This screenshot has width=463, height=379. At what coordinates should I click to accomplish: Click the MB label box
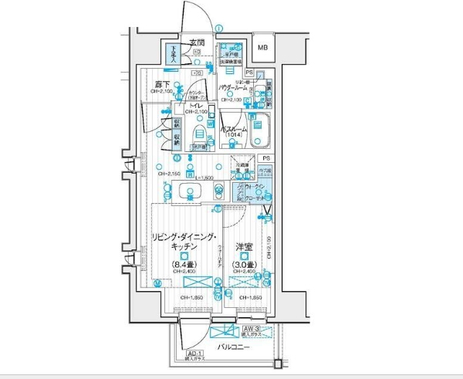(264, 48)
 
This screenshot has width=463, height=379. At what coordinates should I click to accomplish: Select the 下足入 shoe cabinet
(175, 56)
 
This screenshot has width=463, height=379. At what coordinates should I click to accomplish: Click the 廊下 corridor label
(162, 84)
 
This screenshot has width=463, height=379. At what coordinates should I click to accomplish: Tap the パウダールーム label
(233, 87)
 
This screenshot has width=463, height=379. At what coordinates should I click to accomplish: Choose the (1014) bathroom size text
(235, 135)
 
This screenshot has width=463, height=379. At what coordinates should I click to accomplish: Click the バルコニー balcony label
(232, 348)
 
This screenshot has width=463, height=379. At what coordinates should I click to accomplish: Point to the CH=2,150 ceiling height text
(170, 174)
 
